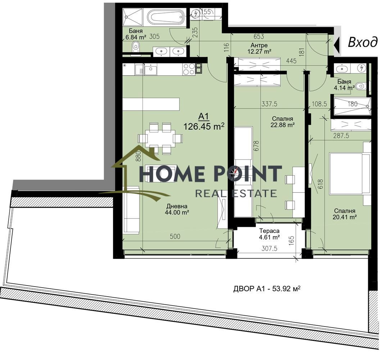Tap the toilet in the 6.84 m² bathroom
pos(136,46)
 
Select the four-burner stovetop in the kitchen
pos(189,69)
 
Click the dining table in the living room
pos(160,139)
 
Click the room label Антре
pos(259,45)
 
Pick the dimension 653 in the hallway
pos(259,36)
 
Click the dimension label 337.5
pos(269,104)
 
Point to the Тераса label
pos(269,231)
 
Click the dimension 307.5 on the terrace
pos(269,248)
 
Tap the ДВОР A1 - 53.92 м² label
pos(267,289)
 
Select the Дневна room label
pos(177,206)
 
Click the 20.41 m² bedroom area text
pos(344,217)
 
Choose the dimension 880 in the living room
pos(138,156)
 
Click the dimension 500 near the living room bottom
pos(175,237)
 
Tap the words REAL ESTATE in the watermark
pos(236,193)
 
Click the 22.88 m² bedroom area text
pos(282,125)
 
